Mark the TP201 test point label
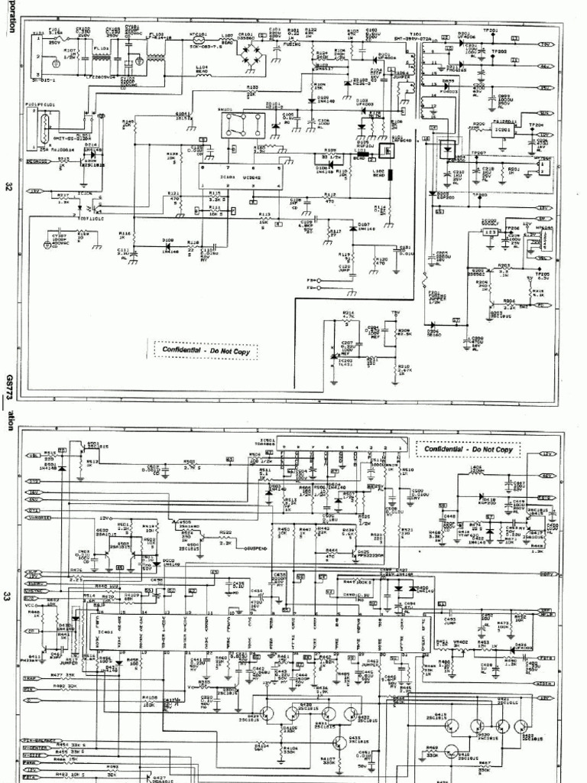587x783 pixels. [x=491, y=31]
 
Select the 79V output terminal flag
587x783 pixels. [x=546, y=44]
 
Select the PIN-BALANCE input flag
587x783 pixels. [x=45, y=742]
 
